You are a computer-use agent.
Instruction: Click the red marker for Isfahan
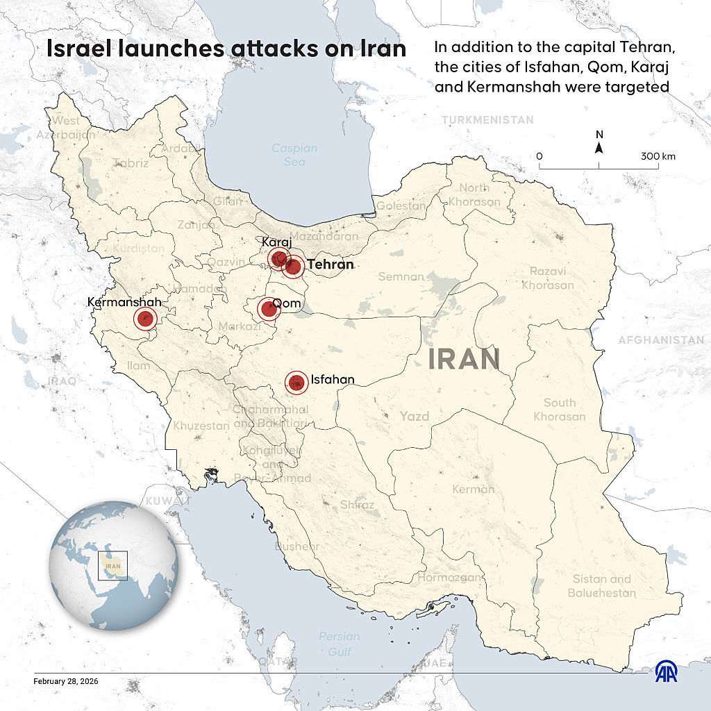(297, 381)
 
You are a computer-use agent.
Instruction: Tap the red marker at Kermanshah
(144, 319)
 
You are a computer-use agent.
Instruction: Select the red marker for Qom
(269, 308)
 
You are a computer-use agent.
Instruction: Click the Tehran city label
(331, 265)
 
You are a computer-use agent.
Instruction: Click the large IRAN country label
(465, 360)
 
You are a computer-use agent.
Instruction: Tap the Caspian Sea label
(294, 155)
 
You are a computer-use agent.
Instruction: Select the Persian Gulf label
(340, 644)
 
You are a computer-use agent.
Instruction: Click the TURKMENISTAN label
(487, 120)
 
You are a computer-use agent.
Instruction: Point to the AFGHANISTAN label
(660, 340)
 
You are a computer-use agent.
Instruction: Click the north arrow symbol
(599, 147)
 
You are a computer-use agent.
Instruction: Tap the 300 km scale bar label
(658, 156)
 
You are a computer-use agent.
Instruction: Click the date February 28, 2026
(66, 681)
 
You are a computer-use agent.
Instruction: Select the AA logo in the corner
(668, 671)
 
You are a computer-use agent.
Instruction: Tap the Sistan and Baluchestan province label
(601, 586)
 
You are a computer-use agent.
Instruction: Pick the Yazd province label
(415, 417)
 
